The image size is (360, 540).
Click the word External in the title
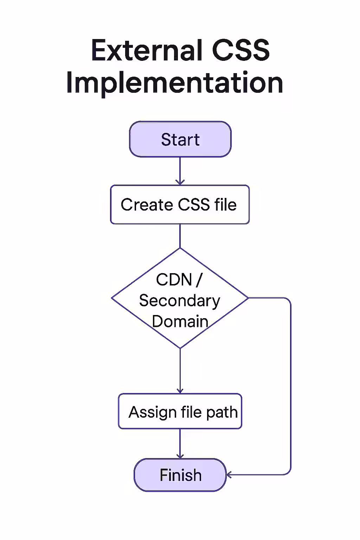[146, 50]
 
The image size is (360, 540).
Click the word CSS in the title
[241, 50]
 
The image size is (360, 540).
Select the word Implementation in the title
[174, 83]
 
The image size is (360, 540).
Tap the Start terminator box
[180, 139]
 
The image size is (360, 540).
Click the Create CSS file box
[180, 205]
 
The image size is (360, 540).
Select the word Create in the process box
[147, 205]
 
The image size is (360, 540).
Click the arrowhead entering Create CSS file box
[180, 182]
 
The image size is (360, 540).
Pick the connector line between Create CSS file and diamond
[180, 236]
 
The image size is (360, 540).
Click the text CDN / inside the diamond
[179, 280]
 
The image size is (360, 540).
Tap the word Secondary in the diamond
[179, 301]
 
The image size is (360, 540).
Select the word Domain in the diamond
[180, 321]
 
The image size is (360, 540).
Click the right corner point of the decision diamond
[247, 298]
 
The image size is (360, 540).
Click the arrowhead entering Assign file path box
[180, 391]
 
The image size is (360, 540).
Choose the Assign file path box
[180, 411]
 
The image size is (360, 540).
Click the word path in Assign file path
[222, 412]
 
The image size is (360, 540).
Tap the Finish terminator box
[180, 475]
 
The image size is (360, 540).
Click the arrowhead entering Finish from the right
[229, 475]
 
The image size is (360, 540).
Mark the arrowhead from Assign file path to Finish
[180, 456]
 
